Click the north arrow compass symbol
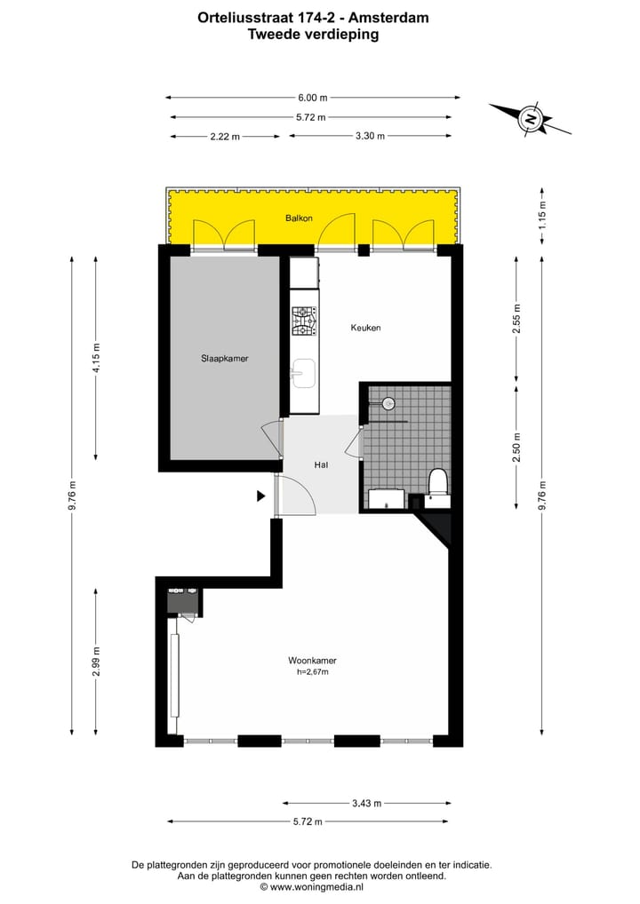coord(531,118)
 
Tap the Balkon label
coord(299,218)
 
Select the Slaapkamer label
coord(223,359)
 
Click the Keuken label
coord(365,328)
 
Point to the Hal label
coord(322,464)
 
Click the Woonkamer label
coord(311,661)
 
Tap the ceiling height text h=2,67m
coord(312,672)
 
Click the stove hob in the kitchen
coord(303,321)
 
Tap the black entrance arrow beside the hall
coord(261,496)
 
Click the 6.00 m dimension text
coord(312,98)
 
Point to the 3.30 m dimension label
coord(369,136)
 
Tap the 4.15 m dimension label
coord(97,358)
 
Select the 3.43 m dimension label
coord(365,803)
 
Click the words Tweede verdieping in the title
coord(312,36)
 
